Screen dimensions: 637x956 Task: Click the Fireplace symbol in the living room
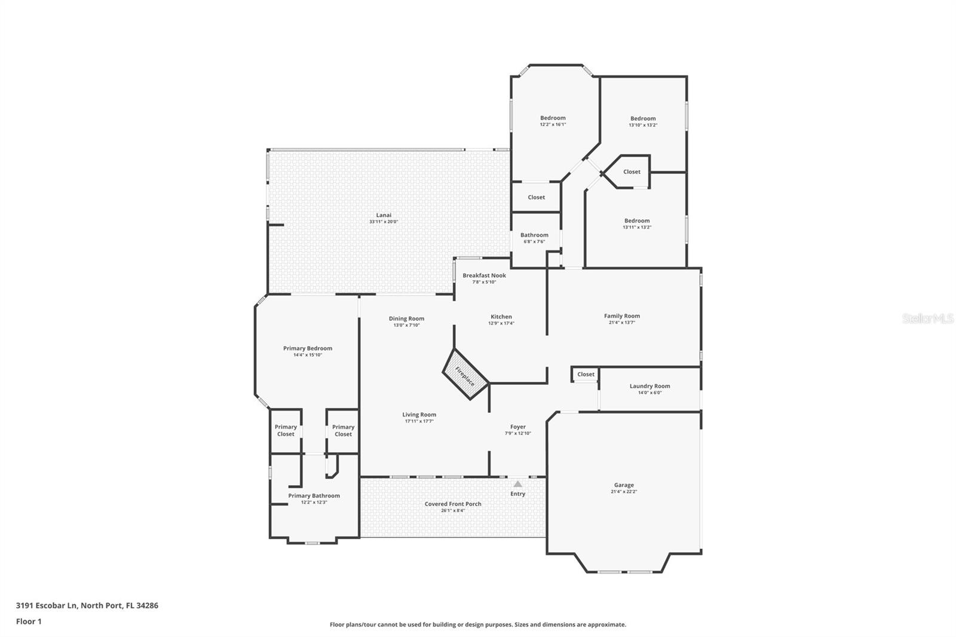click(x=465, y=374)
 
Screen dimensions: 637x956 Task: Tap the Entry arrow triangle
click(x=517, y=484)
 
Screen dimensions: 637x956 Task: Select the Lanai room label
click(x=384, y=215)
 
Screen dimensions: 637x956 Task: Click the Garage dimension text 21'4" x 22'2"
click(x=624, y=492)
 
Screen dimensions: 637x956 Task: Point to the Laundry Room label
click(x=649, y=386)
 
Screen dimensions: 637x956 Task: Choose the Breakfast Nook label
click(x=484, y=275)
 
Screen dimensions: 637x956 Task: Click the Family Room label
click(x=621, y=316)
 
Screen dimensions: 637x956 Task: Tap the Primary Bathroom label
click(x=314, y=495)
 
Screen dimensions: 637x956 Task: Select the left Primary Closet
click(x=286, y=430)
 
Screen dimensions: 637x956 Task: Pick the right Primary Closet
click(x=343, y=430)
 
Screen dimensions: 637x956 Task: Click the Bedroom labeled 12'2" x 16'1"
click(x=553, y=118)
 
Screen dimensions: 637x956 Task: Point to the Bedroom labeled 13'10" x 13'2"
click(x=643, y=118)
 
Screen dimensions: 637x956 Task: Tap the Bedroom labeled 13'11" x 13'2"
click(x=637, y=220)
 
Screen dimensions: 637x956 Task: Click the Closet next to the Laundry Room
click(x=586, y=374)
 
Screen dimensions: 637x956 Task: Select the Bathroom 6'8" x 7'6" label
click(x=534, y=235)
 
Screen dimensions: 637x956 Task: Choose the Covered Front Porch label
click(x=453, y=504)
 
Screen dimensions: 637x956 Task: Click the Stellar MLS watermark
click(x=927, y=318)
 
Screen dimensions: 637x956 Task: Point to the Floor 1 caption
click(x=29, y=621)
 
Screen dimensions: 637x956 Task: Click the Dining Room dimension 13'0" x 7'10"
click(x=406, y=325)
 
